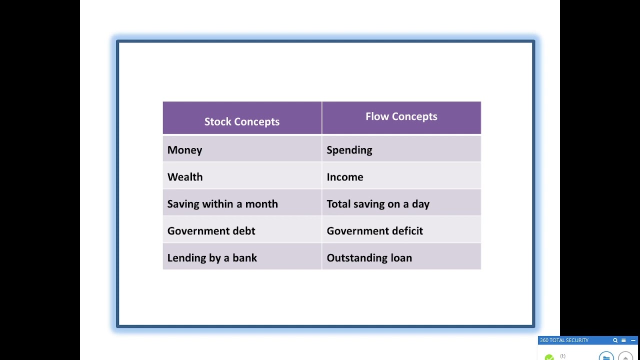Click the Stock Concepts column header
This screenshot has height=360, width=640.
pos(242,121)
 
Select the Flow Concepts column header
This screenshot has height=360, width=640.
pos(401,116)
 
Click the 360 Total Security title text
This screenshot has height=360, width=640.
pos(564,340)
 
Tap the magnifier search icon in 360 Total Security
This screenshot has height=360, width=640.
pos(615,340)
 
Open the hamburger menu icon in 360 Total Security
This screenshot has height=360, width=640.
pos(623,340)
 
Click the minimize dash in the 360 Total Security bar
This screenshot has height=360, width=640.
pos(633,340)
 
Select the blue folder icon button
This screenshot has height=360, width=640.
pos(606,357)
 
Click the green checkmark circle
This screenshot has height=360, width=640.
pos(549,357)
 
